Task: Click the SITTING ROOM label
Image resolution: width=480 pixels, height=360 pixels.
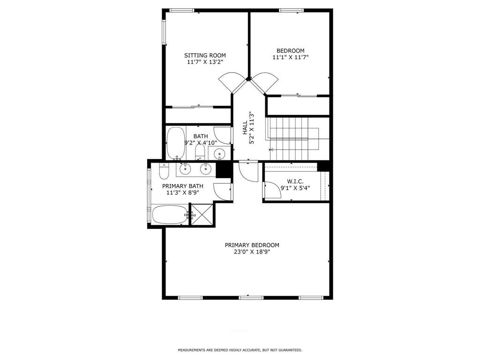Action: tap(205, 55)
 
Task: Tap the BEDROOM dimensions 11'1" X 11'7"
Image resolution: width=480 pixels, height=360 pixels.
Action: tap(291, 57)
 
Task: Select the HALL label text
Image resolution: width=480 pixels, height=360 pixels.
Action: tap(245, 127)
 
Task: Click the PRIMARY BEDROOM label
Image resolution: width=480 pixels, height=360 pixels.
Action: tap(252, 245)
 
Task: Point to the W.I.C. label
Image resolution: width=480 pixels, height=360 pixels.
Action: tap(295, 181)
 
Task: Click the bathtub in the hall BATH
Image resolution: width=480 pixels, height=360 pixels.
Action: tap(175, 143)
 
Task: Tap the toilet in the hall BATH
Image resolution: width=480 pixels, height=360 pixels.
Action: tap(200, 152)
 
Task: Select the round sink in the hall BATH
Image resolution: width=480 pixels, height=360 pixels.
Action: tap(219, 153)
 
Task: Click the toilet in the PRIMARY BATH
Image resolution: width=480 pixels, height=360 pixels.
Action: tap(164, 172)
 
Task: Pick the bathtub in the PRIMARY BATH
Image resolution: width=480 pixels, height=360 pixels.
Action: tap(170, 215)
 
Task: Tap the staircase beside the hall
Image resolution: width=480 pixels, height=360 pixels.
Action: tap(294, 138)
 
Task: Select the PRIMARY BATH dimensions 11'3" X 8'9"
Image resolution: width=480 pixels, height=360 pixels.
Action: tap(182, 193)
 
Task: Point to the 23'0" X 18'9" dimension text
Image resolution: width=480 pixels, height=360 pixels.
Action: tap(252, 252)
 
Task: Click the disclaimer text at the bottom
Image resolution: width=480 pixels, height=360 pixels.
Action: tap(240, 350)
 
